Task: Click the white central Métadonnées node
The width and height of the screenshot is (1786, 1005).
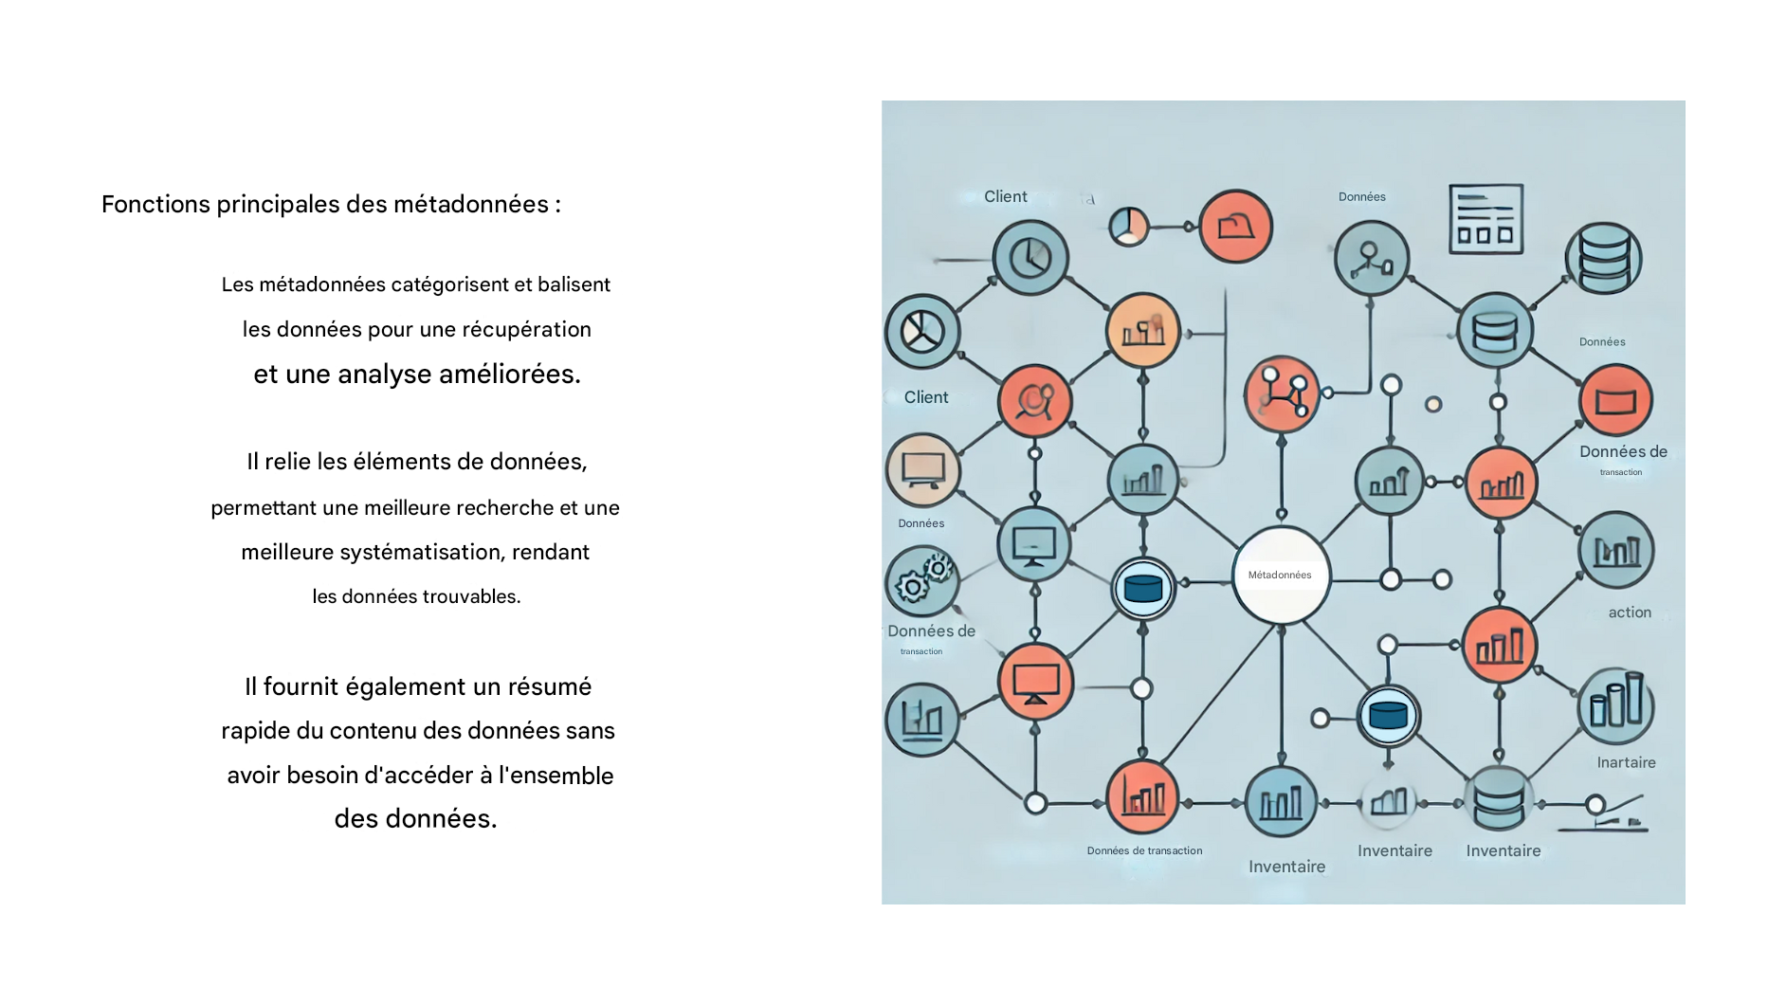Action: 1281,576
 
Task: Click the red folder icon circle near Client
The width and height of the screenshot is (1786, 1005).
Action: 1235,227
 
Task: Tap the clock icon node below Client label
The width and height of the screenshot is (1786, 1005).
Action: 1030,258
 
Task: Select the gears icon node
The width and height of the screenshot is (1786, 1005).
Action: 921,581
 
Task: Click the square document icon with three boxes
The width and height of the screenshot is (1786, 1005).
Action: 1485,220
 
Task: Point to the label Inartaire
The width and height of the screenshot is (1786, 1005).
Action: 1626,762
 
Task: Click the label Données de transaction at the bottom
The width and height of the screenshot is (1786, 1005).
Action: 1144,850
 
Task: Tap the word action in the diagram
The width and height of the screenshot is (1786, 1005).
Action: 1630,612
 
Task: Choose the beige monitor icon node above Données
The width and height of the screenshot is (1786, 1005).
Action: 922,469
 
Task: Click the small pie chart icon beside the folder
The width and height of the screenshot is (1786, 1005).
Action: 1128,227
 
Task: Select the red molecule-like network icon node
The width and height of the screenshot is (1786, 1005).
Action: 1282,394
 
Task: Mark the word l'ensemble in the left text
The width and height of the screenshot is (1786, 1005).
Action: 556,776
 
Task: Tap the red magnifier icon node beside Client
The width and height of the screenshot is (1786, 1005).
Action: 1034,401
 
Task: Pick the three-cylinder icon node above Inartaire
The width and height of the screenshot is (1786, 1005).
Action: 1615,706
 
